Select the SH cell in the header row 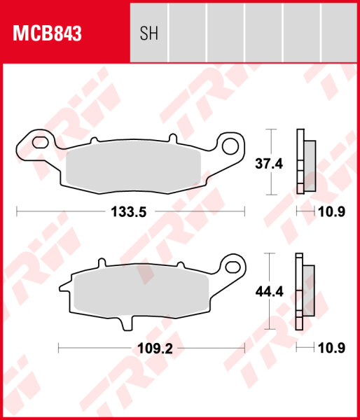149,33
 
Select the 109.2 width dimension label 150,348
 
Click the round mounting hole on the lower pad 230,266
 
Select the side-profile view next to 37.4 305,162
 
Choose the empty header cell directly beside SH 188,33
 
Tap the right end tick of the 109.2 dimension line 245,346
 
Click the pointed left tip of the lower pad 61,286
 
